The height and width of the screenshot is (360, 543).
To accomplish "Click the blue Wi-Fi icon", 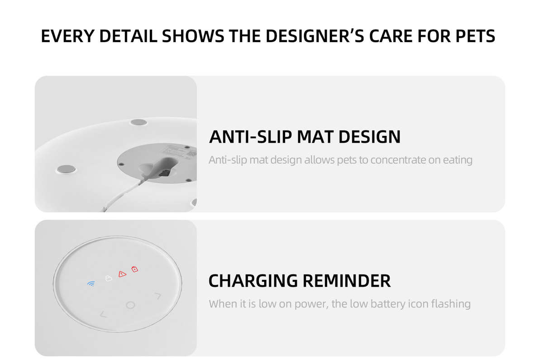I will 91,284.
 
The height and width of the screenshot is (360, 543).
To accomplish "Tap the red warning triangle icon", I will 122,274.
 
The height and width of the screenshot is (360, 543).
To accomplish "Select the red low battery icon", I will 134,269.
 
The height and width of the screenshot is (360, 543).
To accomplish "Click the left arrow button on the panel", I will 103,314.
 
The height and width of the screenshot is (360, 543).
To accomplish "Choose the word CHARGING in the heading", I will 252,281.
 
